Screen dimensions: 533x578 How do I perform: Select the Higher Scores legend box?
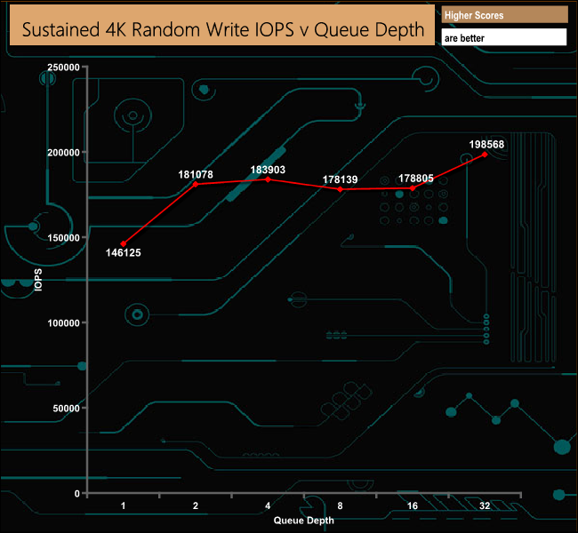504,15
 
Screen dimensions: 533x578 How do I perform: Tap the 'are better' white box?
504,38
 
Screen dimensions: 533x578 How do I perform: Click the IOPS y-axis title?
37,281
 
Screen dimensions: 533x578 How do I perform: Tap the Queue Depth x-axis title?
304,521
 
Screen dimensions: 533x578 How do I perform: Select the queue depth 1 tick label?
123,505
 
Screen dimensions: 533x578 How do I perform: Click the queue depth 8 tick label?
341,505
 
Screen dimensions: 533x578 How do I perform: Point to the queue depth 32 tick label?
486,505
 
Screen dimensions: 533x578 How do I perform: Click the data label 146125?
123,253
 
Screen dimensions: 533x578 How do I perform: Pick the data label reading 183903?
268,169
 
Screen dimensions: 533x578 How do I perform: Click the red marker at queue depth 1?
123,243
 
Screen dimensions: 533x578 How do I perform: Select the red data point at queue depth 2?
196,184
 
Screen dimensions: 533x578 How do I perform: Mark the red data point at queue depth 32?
486,155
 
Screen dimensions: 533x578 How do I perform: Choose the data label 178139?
341,179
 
